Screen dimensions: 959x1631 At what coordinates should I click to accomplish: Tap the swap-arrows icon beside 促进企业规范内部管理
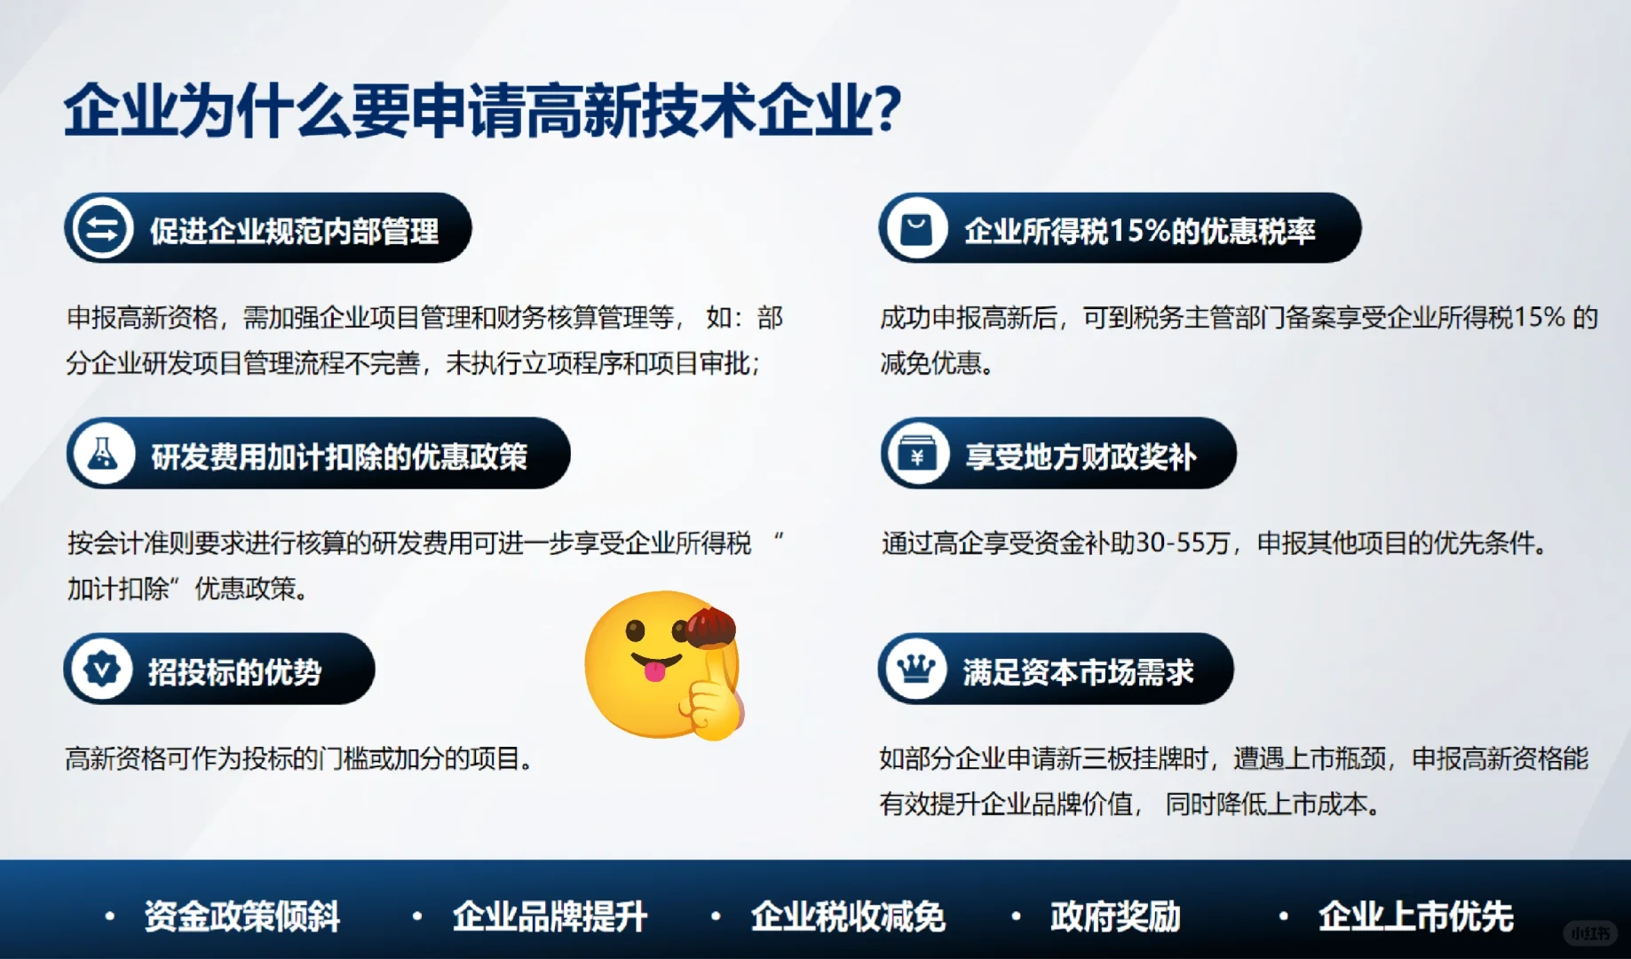coord(102,229)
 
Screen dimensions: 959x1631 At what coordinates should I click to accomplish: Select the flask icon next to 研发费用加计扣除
coord(103,454)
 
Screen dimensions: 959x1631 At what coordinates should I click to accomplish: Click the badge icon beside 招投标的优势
coord(101,670)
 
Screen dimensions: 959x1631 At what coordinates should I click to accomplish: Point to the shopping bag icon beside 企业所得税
coord(915,229)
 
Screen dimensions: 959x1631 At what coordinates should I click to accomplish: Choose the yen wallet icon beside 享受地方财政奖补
coord(917,455)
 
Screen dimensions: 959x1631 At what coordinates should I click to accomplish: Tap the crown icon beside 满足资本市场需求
coord(915,670)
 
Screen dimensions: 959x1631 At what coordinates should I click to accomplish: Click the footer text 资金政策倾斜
coord(241,916)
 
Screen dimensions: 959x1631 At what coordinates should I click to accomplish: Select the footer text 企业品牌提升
coord(550,916)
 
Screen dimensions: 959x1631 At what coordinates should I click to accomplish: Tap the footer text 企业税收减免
coord(848,916)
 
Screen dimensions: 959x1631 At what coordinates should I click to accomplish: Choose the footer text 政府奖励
coord(1115,916)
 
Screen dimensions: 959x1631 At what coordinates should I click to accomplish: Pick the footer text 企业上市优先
coord(1415,916)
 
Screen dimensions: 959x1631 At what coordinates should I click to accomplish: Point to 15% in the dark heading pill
coord(1140,231)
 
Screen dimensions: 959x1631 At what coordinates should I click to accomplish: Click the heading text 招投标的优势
coord(234,672)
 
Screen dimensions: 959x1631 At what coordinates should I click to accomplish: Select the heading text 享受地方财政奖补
coord(1081,456)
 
